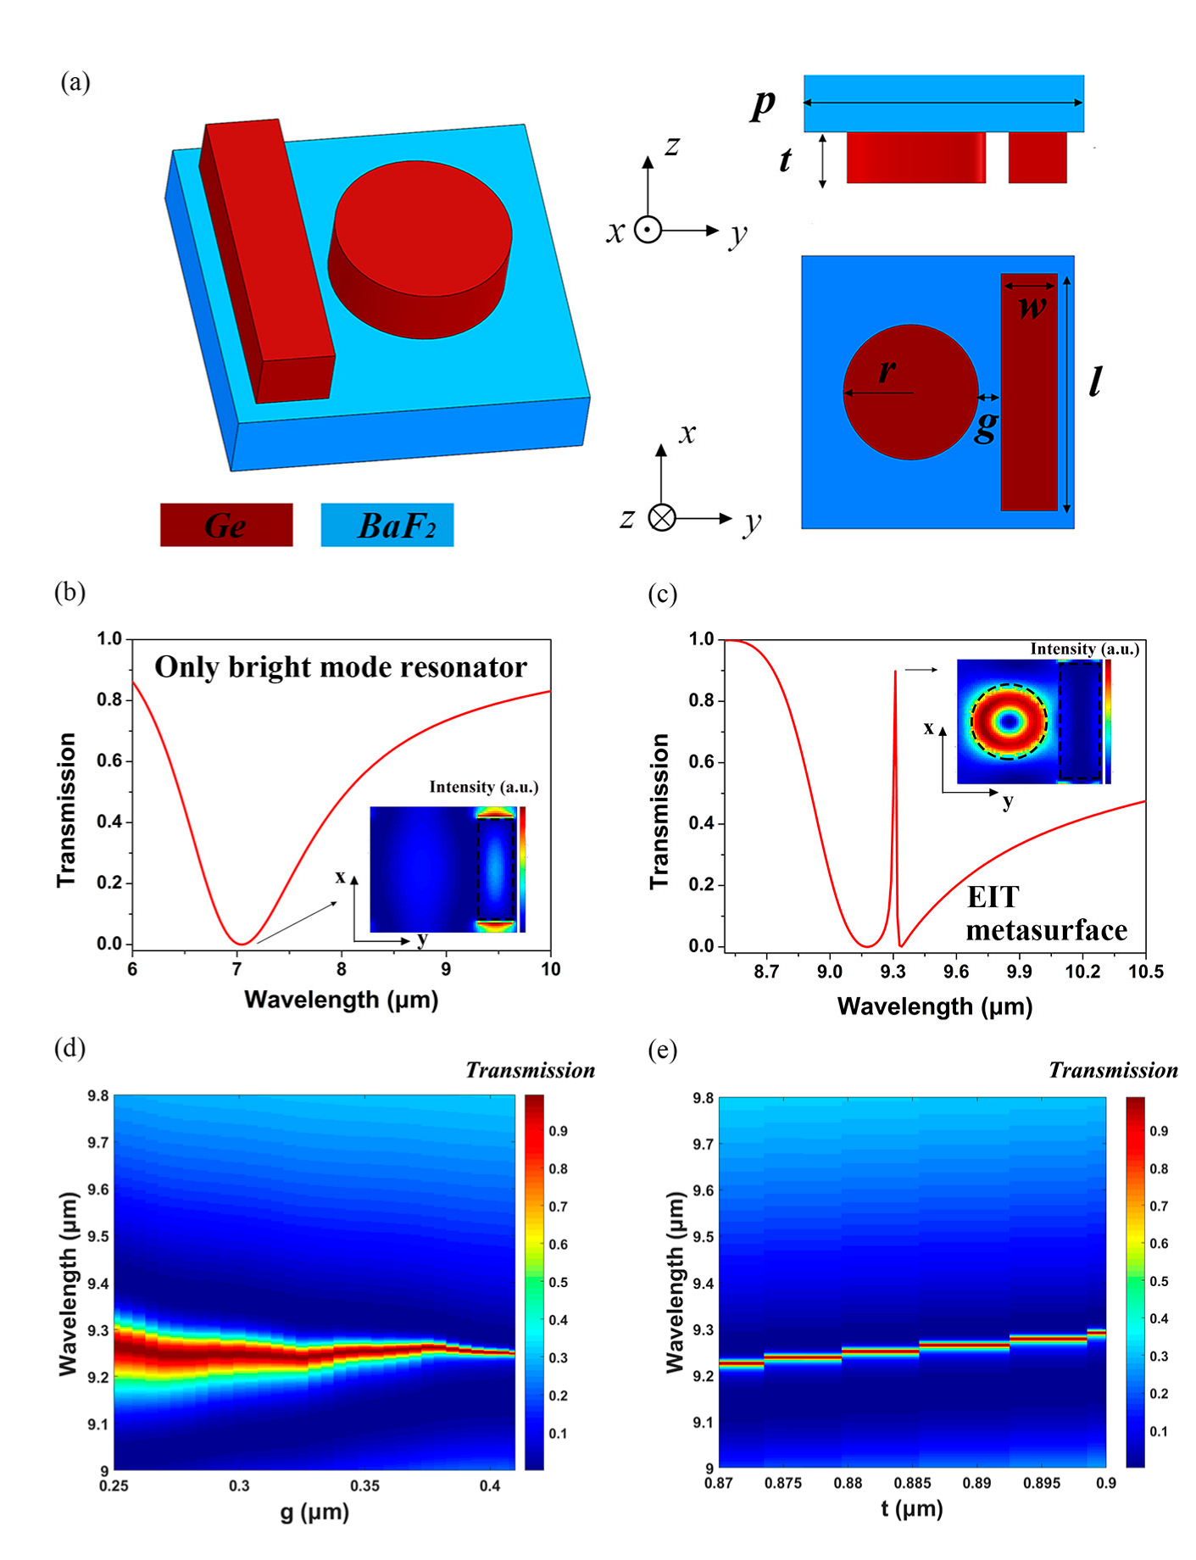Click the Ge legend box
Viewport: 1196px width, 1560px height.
[x=226, y=525]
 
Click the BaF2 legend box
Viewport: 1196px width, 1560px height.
[x=387, y=525]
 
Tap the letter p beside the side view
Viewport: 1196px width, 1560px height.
[x=762, y=104]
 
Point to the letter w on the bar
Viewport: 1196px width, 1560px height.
[x=1031, y=306]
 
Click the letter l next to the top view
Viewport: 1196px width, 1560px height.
[x=1095, y=381]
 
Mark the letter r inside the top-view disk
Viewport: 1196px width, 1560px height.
[x=887, y=370]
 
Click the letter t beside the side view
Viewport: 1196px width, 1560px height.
[x=785, y=159]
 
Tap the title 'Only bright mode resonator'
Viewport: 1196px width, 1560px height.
[x=340, y=667]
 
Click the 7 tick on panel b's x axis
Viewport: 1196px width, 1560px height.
[x=237, y=969]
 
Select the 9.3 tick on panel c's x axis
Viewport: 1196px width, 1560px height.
[x=893, y=972]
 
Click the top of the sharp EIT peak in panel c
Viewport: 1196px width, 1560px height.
[x=895, y=672]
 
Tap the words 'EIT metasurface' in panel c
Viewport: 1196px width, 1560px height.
[x=1045, y=914]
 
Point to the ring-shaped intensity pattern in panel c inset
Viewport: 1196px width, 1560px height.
[x=1008, y=721]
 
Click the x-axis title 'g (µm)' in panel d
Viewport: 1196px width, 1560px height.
[x=314, y=1512]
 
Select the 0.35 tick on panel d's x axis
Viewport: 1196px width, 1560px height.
[x=364, y=1485]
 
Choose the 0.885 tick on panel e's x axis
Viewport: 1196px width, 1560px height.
[x=912, y=1483]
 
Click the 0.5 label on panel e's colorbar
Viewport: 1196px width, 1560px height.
[x=1158, y=1281]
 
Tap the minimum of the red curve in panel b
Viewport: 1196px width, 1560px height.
[x=242, y=944]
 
